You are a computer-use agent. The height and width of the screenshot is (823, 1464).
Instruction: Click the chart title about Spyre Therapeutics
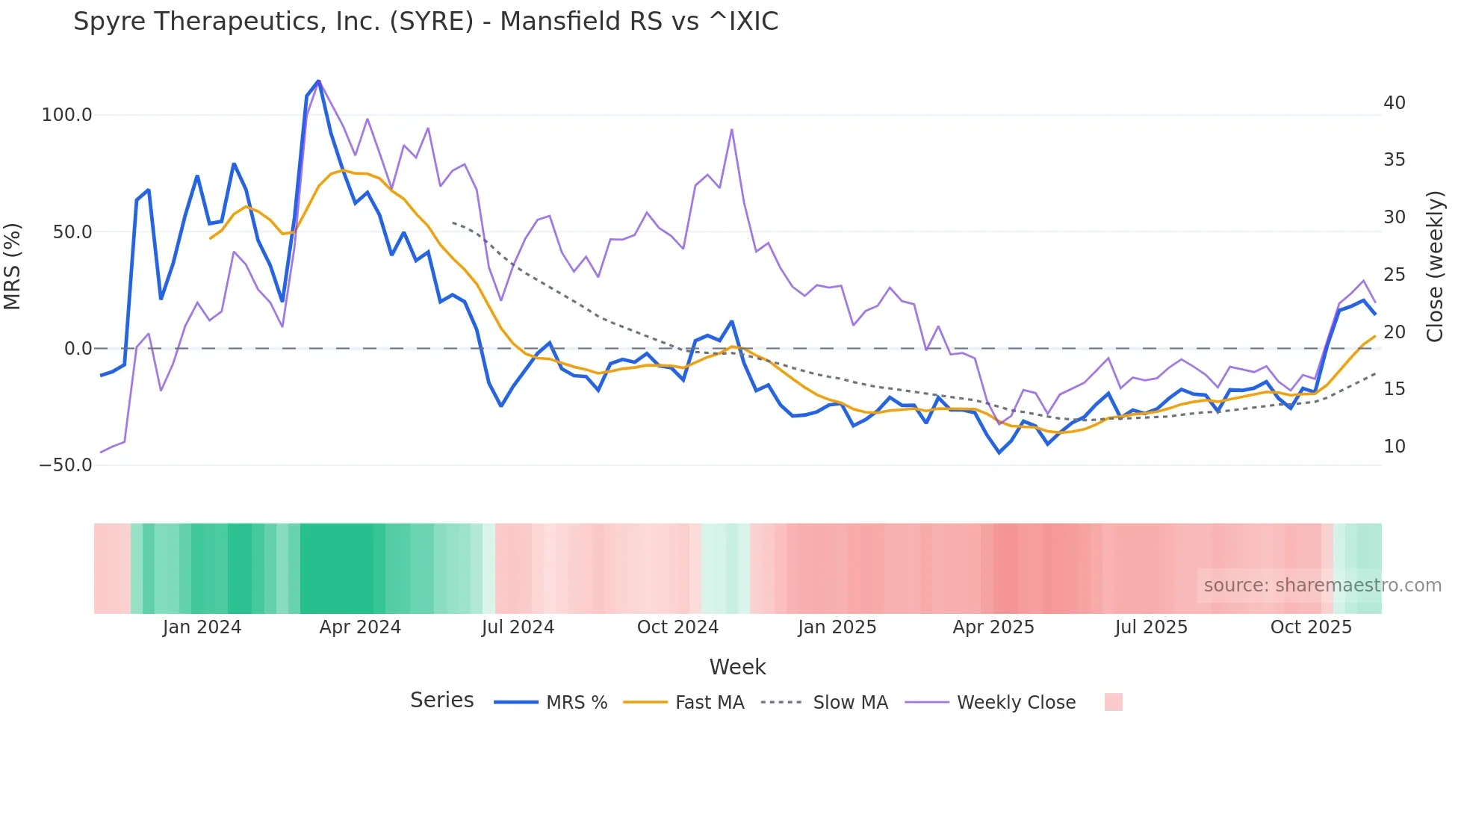(x=426, y=22)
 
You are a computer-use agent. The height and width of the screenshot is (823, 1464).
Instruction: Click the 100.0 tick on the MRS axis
(x=67, y=115)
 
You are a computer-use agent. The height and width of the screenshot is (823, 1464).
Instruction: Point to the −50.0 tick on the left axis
(x=66, y=465)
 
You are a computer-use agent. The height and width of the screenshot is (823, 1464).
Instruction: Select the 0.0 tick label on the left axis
(x=78, y=349)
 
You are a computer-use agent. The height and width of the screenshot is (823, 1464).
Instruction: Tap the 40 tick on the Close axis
(x=1394, y=103)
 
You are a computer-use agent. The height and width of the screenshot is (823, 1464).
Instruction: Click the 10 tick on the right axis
(x=1394, y=447)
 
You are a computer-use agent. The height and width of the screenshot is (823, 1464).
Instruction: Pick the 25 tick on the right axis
(x=1394, y=275)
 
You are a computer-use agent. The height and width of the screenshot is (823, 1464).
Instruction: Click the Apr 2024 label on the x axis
(x=360, y=627)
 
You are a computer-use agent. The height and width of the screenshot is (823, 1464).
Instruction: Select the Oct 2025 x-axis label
(x=1311, y=627)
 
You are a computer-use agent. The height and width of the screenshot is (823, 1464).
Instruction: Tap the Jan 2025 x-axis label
(x=837, y=627)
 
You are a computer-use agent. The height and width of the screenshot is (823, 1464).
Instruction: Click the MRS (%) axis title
(x=13, y=267)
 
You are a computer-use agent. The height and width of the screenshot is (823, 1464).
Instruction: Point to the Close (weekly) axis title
(x=1435, y=267)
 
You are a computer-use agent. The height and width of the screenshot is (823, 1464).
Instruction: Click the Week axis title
(x=737, y=667)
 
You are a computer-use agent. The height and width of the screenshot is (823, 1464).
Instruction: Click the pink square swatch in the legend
(x=1113, y=702)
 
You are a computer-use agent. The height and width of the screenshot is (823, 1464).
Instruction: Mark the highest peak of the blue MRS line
(x=318, y=81)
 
